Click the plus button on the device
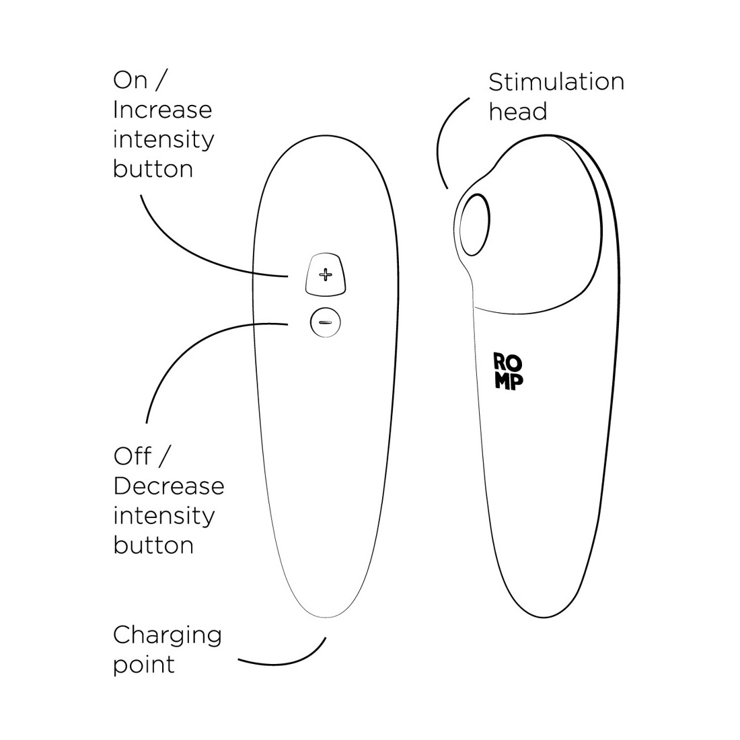click(326, 274)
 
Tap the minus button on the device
click(326, 322)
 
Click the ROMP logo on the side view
click(509, 371)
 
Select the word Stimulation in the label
click(556, 82)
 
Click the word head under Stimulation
click(518, 112)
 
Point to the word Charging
click(167, 636)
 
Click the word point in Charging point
click(144, 665)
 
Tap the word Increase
click(162, 110)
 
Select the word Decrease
click(168, 486)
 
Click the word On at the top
click(130, 81)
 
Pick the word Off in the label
click(132, 456)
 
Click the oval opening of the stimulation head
click(474, 225)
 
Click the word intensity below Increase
click(163, 140)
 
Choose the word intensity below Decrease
click(163, 516)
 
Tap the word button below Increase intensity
click(153, 169)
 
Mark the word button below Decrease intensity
click(153, 545)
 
